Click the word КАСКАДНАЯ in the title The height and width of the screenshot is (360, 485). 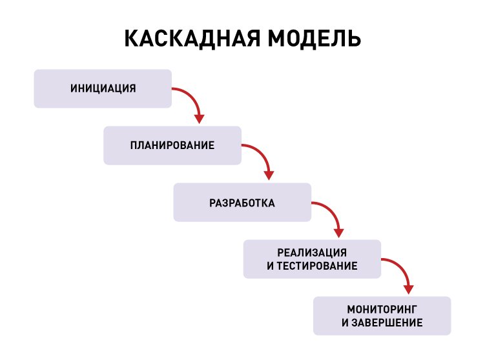pyautogui.click(x=191, y=38)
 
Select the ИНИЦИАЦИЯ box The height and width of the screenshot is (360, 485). pyautogui.click(x=103, y=88)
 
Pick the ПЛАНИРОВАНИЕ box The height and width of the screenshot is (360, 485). pyautogui.click(x=172, y=145)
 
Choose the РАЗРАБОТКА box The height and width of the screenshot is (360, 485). pyautogui.click(x=242, y=203)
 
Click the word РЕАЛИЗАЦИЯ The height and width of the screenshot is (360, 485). pyautogui.click(x=312, y=252)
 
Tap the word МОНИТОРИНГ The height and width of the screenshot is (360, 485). pyautogui.click(x=382, y=308)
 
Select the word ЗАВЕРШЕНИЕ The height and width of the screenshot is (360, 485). pyautogui.click(x=387, y=323)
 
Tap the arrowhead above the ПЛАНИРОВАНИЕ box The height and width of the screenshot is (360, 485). pyautogui.click(x=200, y=119)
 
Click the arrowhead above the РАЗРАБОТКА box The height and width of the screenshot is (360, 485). pyautogui.click(x=269, y=175)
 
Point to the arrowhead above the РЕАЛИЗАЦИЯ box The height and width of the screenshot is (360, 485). pyautogui.click(x=339, y=232)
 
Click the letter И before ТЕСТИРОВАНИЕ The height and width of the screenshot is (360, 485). pyautogui.click(x=270, y=266)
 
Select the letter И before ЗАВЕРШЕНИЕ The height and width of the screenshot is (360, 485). pyautogui.click(x=344, y=323)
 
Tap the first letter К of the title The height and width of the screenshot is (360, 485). pyautogui.click(x=130, y=38)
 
